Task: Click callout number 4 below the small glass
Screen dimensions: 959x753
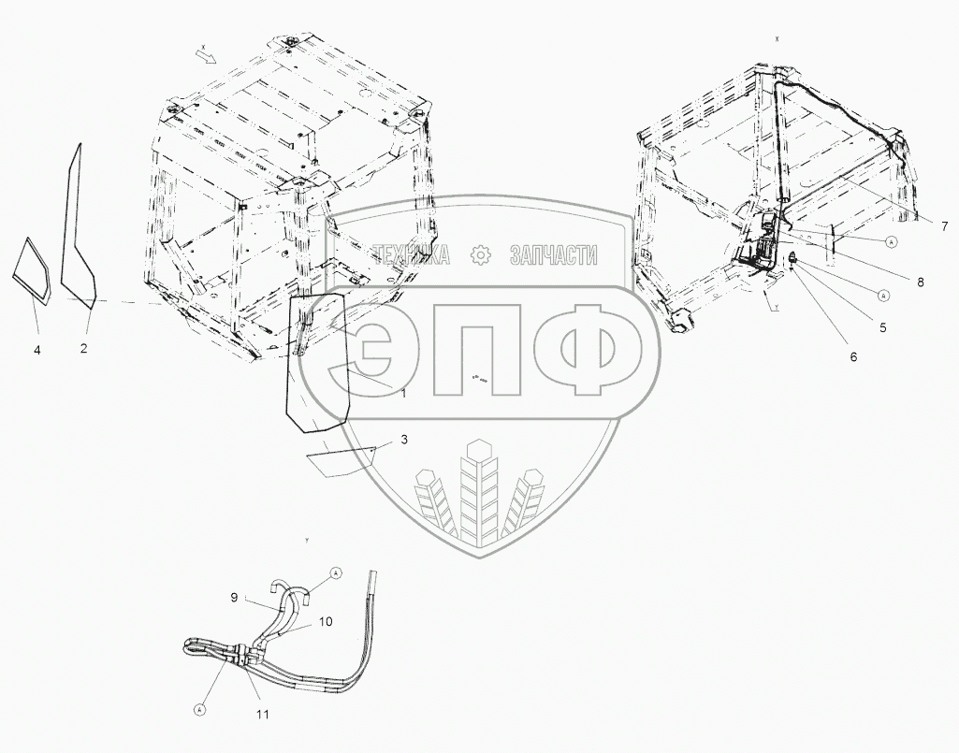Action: pyautogui.click(x=37, y=349)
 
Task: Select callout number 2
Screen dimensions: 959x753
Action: pyautogui.click(x=83, y=349)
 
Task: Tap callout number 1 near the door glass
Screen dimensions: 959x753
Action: pyautogui.click(x=403, y=394)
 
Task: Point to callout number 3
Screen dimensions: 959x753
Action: pyautogui.click(x=403, y=439)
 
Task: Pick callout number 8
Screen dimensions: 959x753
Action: pyautogui.click(x=921, y=281)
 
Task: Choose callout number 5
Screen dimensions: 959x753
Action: pyautogui.click(x=882, y=327)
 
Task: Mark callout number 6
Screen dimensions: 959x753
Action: pyautogui.click(x=853, y=356)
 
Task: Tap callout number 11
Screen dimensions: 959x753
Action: pyautogui.click(x=263, y=715)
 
